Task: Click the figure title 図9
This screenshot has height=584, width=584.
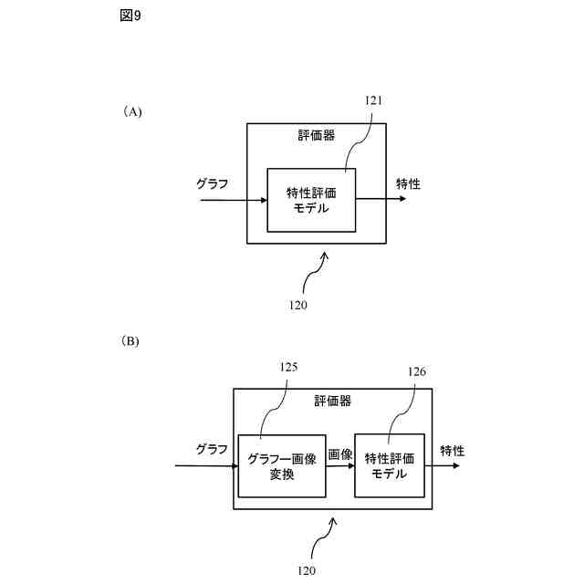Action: tap(130, 16)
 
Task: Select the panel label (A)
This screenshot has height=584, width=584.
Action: tap(133, 112)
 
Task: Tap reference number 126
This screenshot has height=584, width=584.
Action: tap(416, 371)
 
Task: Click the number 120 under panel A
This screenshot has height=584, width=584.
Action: tap(297, 305)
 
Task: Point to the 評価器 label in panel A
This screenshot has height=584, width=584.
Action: tap(316, 136)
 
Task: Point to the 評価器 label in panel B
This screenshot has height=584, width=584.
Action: tap(332, 401)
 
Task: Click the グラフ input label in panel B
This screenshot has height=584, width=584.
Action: tap(211, 449)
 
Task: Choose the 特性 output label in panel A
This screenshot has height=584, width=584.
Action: tap(408, 183)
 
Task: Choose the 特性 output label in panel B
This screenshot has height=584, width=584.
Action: tap(452, 450)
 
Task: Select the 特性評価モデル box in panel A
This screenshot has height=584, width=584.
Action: tap(311, 200)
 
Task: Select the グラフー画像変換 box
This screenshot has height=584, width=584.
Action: tap(282, 465)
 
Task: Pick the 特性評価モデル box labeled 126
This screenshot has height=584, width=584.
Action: tap(390, 465)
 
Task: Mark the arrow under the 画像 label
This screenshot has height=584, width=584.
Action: tap(340, 466)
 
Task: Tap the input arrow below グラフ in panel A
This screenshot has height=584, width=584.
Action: tap(232, 199)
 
